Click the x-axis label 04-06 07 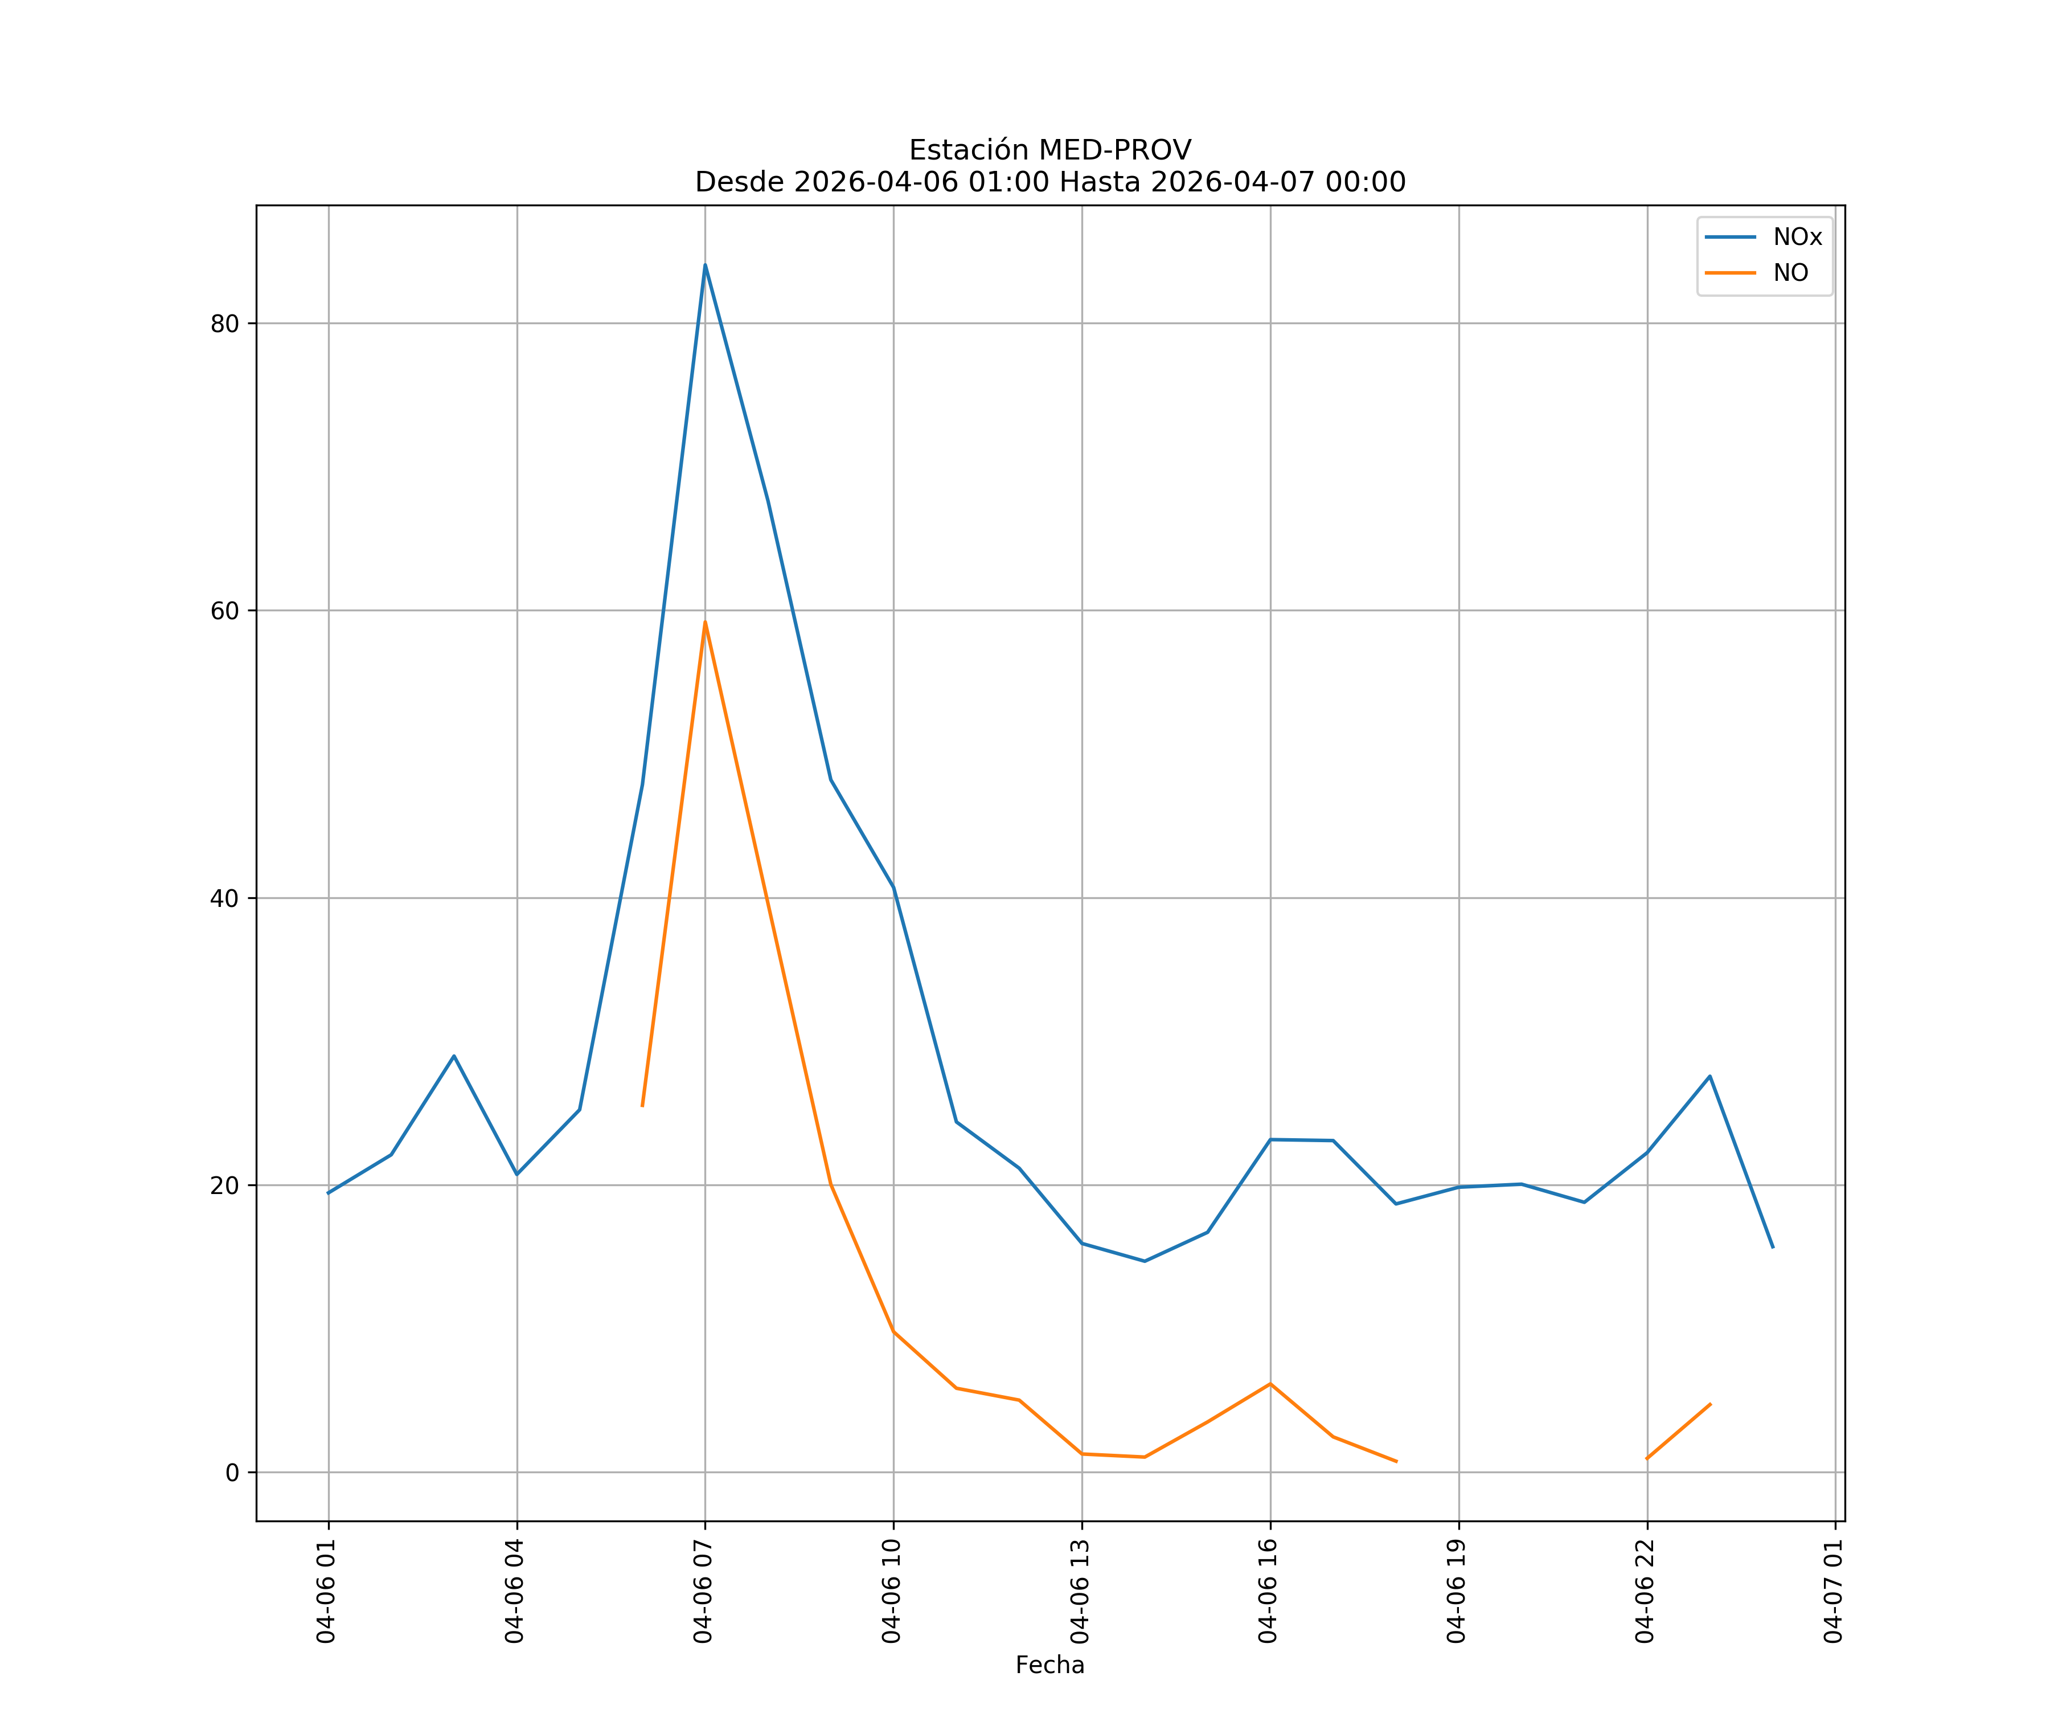click(703, 1591)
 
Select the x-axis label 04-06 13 click(1080, 1591)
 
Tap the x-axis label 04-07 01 click(1833, 1591)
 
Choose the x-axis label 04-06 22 click(1645, 1591)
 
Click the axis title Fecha click(1049, 1665)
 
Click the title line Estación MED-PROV click(1049, 150)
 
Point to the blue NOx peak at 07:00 click(705, 265)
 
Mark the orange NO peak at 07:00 click(705, 622)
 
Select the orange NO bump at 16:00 click(1270, 1384)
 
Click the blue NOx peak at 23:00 click(1709, 1076)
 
